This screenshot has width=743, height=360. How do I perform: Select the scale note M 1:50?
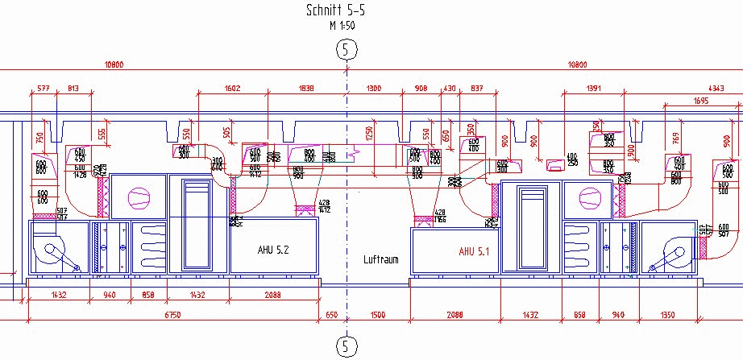(x=342, y=26)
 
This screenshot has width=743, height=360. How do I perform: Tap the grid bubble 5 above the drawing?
(x=347, y=50)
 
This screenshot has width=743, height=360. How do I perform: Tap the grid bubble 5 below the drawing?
(x=347, y=346)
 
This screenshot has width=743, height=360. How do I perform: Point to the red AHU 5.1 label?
(x=477, y=251)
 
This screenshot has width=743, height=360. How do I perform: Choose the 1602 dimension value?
(x=232, y=88)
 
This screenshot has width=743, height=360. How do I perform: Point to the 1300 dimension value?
(x=373, y=88)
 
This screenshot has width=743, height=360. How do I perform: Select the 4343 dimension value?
(x=731, y=88)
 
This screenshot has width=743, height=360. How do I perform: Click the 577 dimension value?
(x=43, y=88)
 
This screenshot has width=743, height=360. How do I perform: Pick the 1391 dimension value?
(x=595, y=88)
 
